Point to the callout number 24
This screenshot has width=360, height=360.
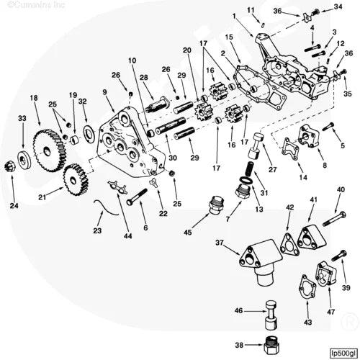(14, 206)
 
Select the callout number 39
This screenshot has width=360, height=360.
(346, 287)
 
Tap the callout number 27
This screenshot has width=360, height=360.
(273, 170)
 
